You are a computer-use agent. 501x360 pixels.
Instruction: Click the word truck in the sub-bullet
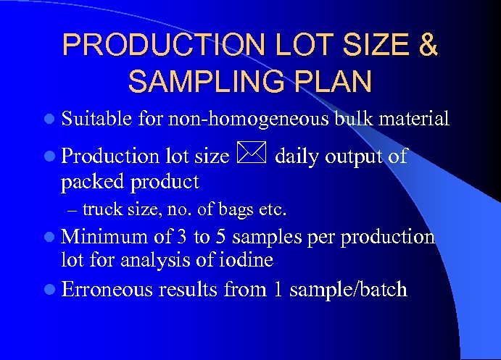tap(99, 211)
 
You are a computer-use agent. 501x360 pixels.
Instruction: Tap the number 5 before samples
tap(222, 237)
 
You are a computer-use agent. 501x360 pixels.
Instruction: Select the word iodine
tap(252, 259)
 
